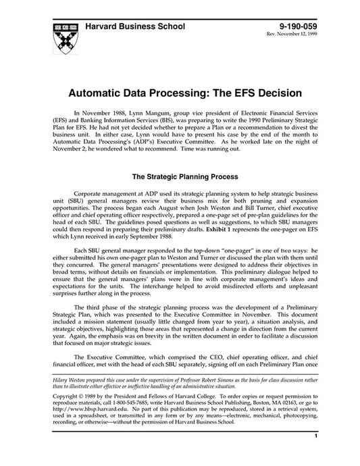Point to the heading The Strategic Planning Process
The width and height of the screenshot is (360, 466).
click(x=180, y=178)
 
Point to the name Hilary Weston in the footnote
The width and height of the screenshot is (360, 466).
click(x=61, y=380)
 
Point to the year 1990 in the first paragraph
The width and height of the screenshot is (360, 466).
click(x=252, y=124)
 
